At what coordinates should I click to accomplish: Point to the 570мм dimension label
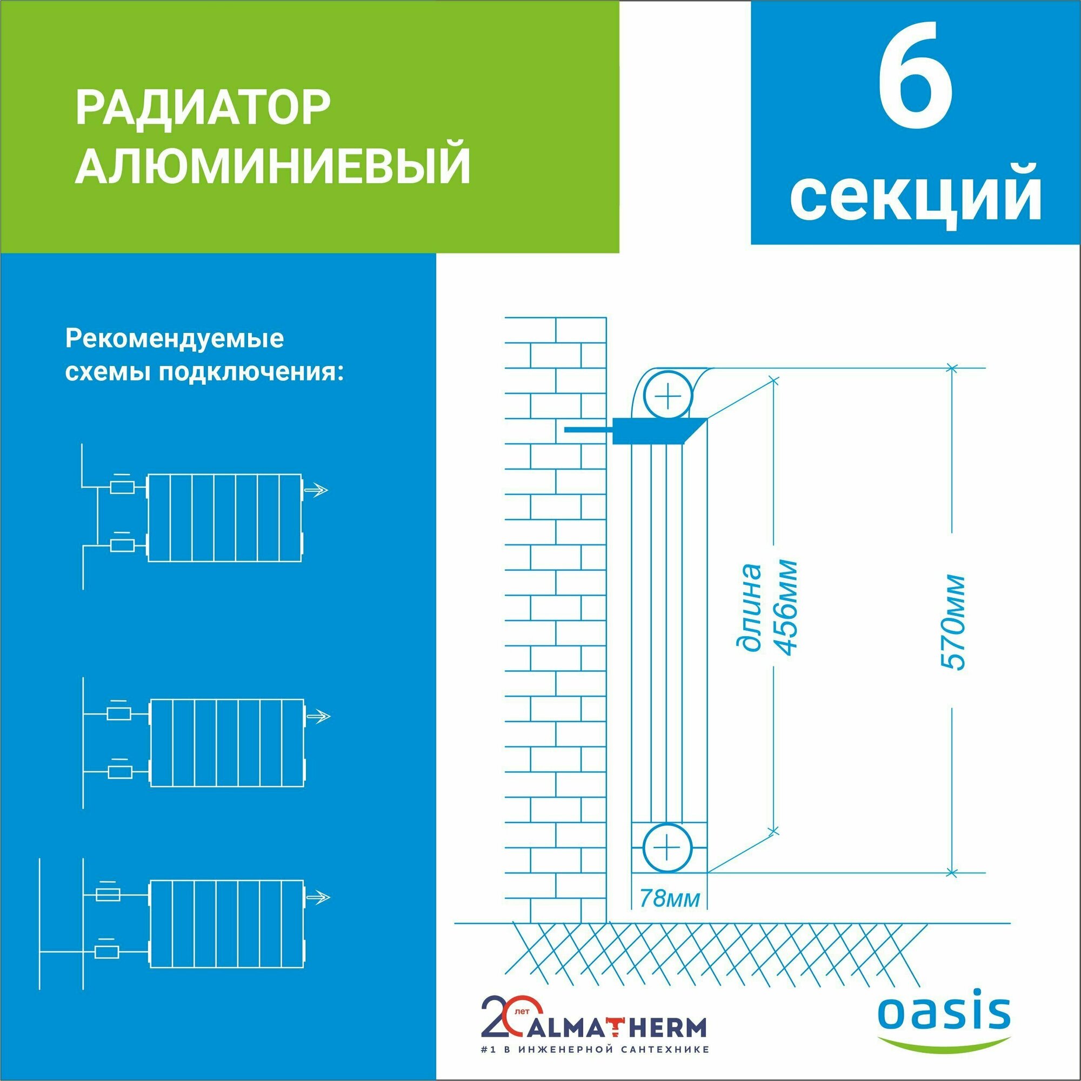[x=952, y=622]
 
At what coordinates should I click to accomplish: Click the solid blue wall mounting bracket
[x=649, y=430]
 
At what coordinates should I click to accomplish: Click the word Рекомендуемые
[x=175, y=339]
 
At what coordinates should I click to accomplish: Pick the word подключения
[x=249, y=372]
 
